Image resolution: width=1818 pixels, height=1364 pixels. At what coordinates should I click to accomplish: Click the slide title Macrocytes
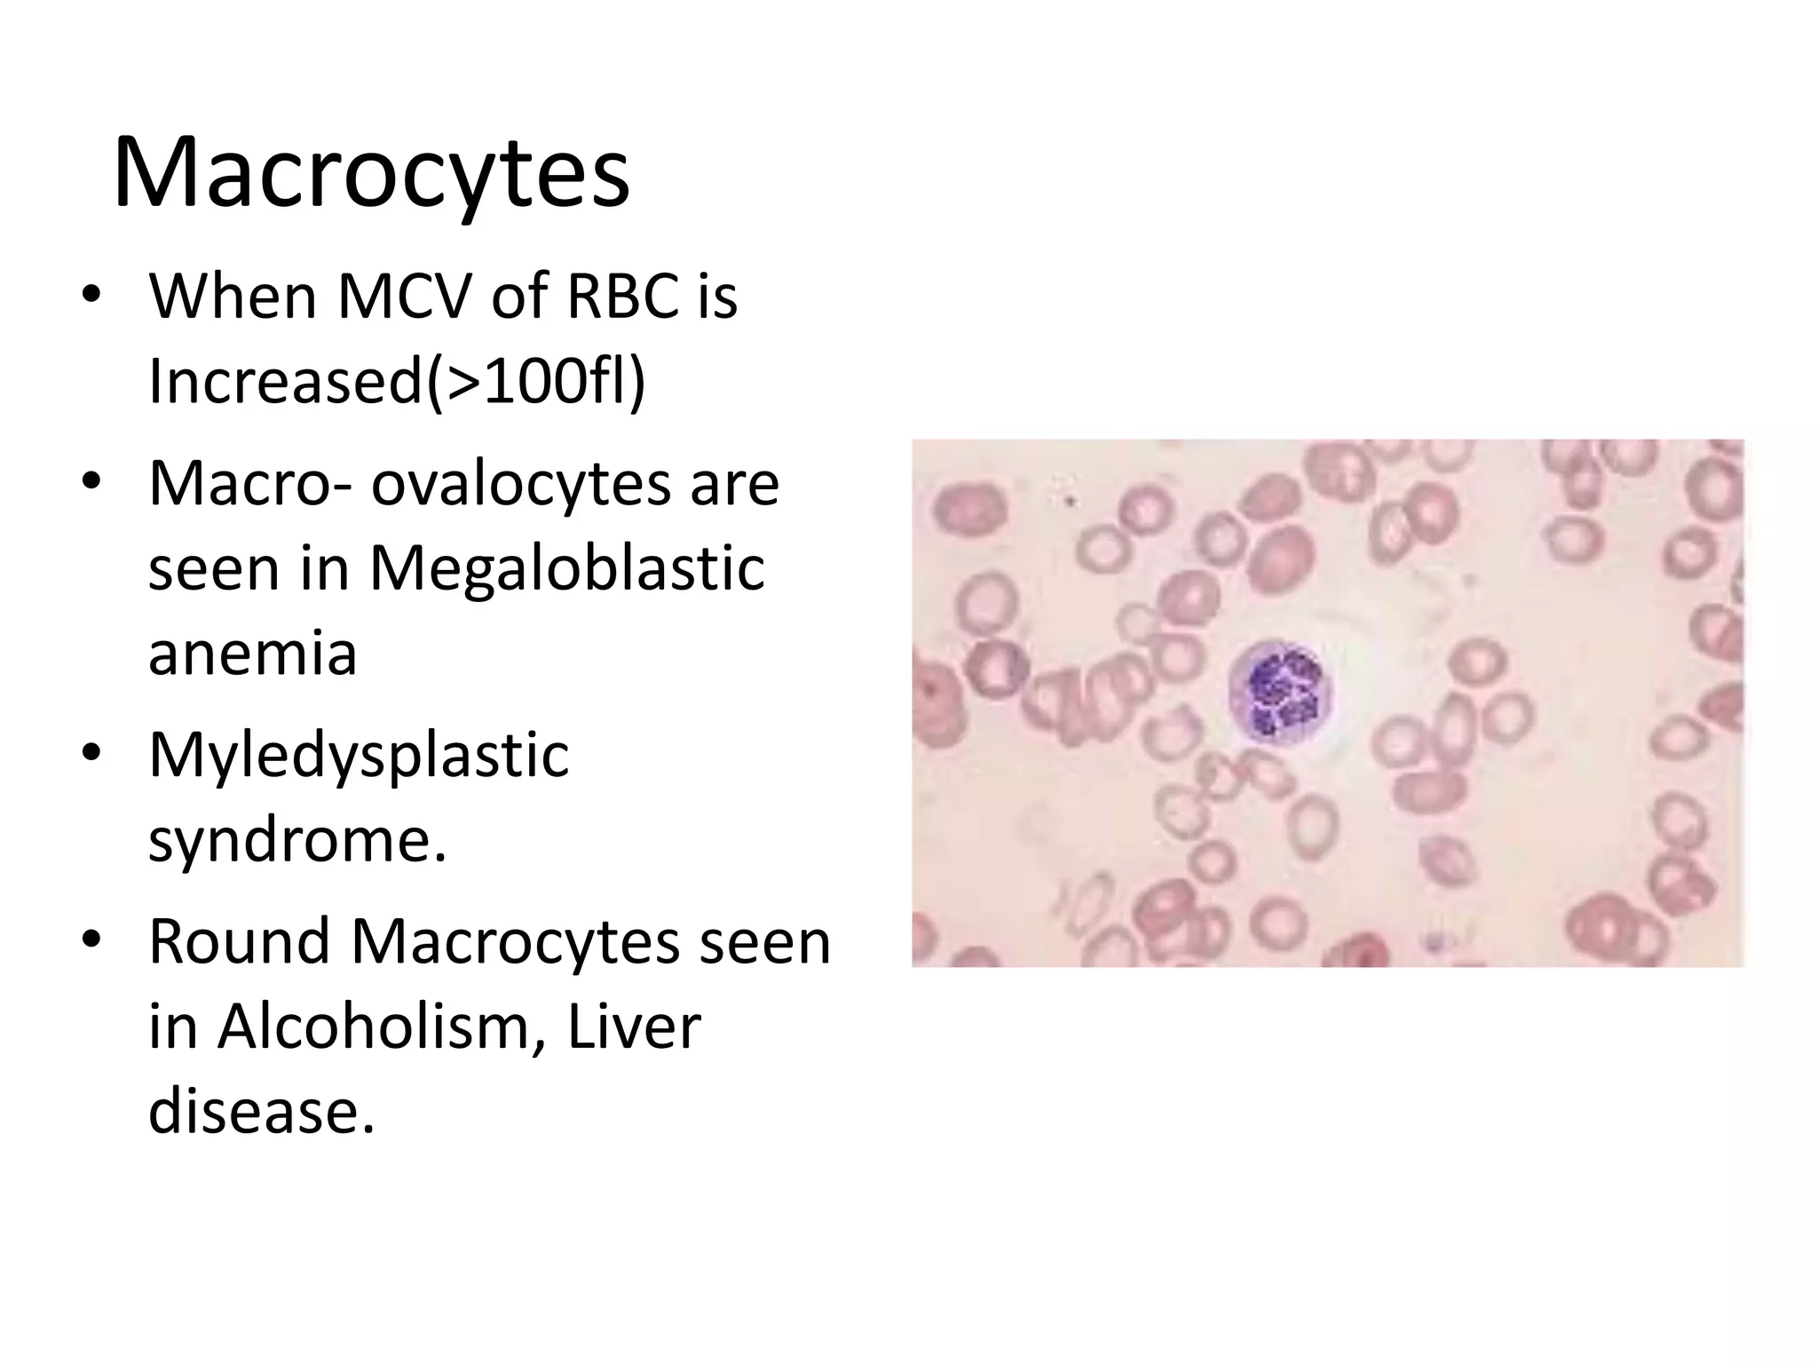coord(371,173)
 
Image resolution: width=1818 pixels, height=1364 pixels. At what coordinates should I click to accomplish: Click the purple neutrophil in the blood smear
coord(1278,690)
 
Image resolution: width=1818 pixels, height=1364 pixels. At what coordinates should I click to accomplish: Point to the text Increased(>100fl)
coord(397,381)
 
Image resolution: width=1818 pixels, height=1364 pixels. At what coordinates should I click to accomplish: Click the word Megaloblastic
coord(566,568)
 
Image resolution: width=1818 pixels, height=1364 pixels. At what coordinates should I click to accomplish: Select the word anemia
coord(253,654)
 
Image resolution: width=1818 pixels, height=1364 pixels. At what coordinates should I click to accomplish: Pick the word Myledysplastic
coord(359,756)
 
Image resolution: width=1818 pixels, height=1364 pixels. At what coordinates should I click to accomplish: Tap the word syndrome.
coord(296,840)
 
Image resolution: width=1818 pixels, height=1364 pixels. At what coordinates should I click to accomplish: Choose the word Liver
coord(634,1027)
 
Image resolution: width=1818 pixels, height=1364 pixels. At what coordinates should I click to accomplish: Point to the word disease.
coord(261,1112)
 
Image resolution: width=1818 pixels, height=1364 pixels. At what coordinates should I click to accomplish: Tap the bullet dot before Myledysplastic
coord(91,753)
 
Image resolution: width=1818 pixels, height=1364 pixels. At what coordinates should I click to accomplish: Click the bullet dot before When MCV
coord(91,297)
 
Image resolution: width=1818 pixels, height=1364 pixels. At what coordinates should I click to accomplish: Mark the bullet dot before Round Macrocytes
coord(91,940)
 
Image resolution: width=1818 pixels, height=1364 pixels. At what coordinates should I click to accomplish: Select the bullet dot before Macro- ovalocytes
coord(91,483)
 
